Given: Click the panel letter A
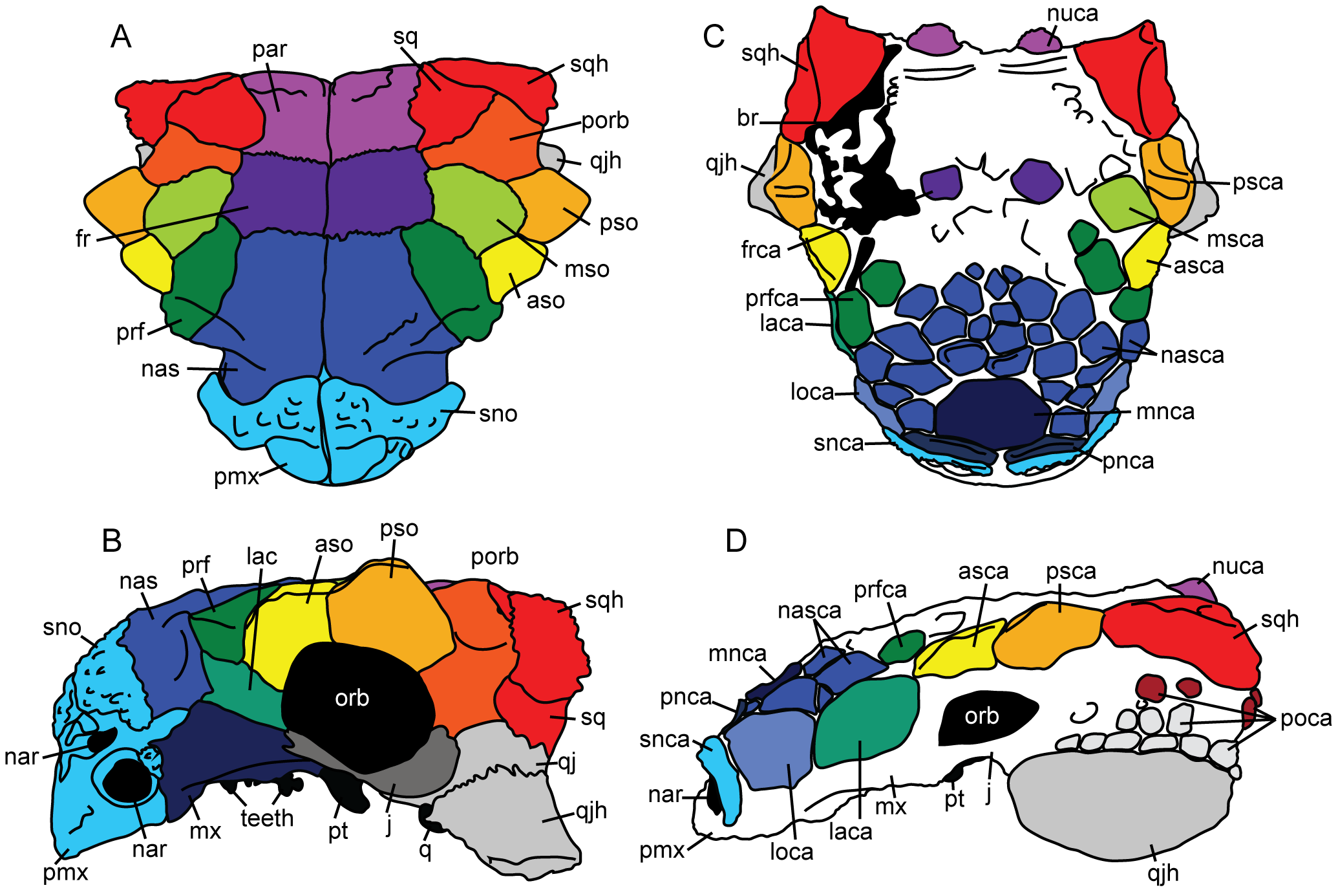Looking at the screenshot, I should click(121, 37).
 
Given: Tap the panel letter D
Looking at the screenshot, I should click(736, 541).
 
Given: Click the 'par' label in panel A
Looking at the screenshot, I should click(270, 50).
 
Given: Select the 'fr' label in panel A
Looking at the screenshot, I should click(83, 239).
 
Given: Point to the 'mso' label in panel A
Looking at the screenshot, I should click(587, 268).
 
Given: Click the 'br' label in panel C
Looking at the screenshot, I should click(747, 118).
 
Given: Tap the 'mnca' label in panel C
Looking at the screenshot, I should click(1165, 411).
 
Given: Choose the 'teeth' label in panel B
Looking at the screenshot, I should click(267, 818).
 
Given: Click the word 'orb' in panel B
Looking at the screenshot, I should click(352, 699).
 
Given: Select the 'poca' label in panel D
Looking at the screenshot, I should click(1306, 719).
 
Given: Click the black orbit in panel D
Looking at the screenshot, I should click(982, 716).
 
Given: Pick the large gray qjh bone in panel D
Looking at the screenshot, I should click(1118, 805).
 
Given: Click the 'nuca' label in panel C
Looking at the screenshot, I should click(1072, 14).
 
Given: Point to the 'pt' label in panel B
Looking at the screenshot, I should click(338, 831).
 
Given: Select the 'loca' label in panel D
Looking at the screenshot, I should click(791, 852).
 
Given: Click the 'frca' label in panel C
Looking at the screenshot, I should click(761, 250).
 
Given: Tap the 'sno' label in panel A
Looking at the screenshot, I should click(498, 414).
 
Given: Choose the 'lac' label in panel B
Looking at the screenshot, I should click(262, 556).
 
